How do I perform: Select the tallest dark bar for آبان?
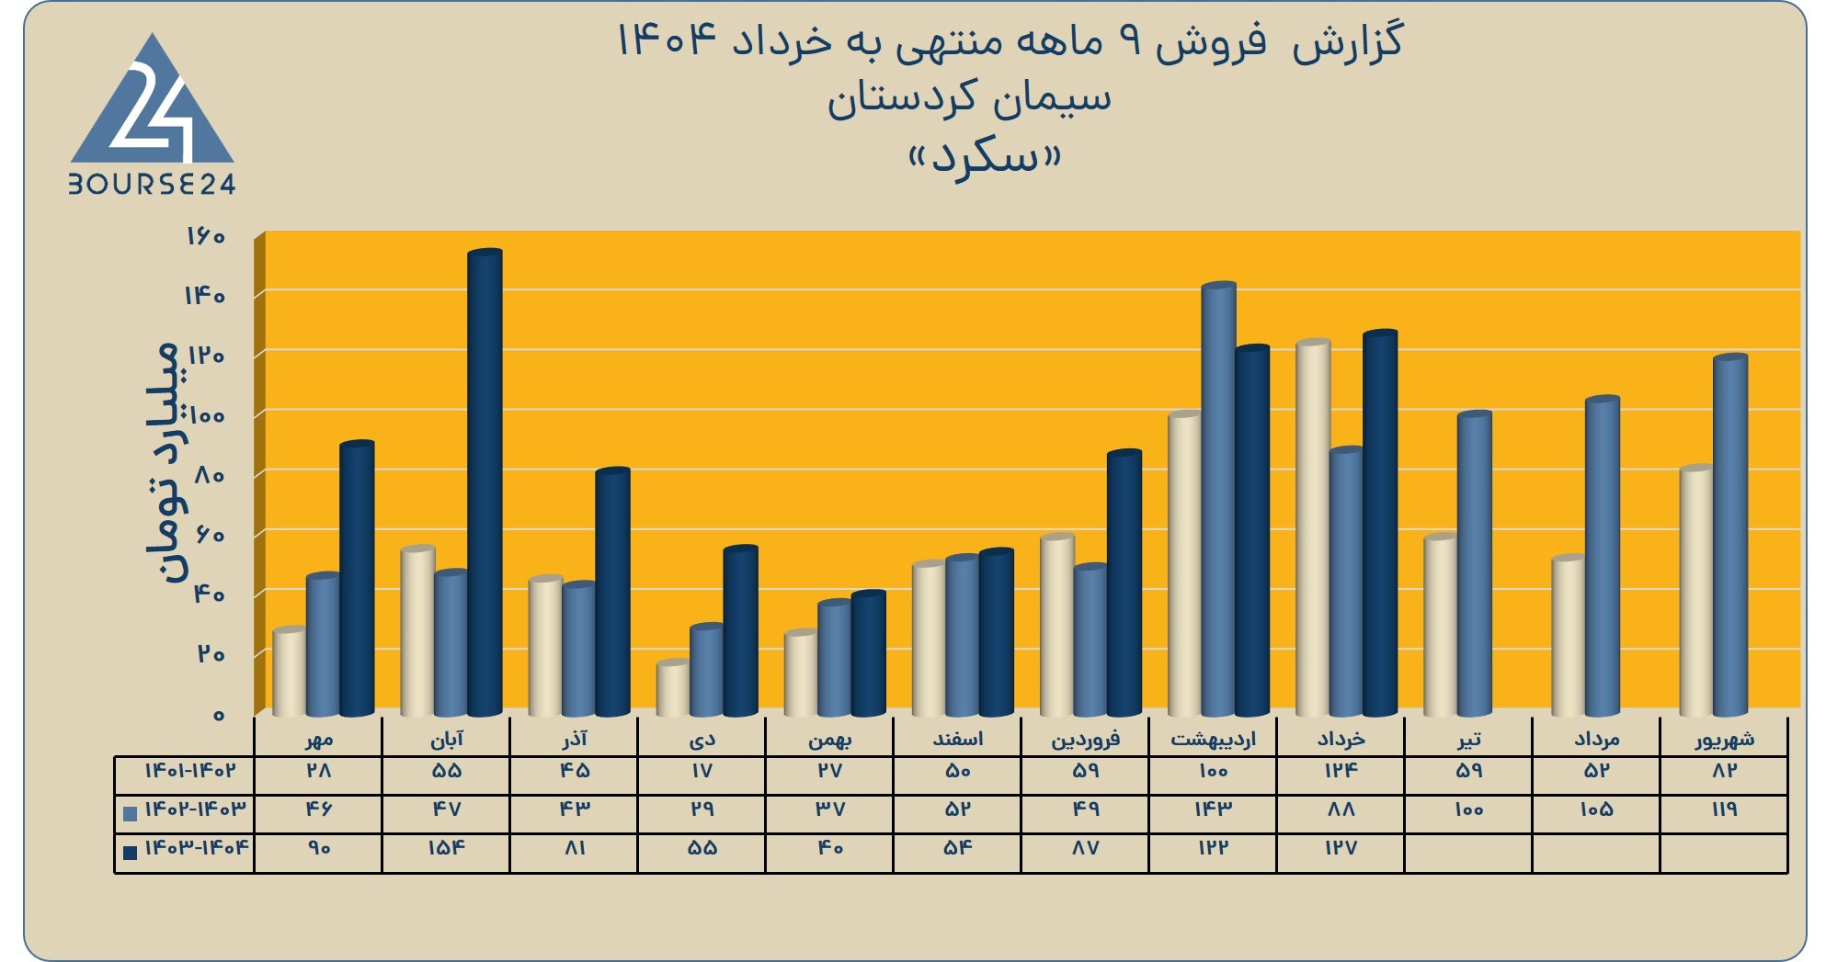coord(485,482)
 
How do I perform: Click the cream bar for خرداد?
coord(1313,527)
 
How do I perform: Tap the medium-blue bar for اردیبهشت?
coord(1218,499)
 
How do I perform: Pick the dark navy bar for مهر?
coord(357,579)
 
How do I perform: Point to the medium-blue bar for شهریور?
coord(1729,535)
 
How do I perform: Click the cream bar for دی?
coord(674,688)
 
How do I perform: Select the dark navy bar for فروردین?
coord(1124,583)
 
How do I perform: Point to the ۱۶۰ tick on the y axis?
coord(205,236)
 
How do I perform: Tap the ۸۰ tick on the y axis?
coord(210,475)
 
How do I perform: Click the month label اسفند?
coord(957,738)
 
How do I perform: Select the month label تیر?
coord(1468,739)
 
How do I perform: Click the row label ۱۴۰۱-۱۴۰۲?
coord(189,771)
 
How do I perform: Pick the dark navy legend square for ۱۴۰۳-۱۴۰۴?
coord(130,852)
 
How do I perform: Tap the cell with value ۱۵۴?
coord(446,848)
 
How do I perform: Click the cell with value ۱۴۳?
coord(1213,809)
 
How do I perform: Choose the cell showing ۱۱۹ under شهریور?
coord(1725,809)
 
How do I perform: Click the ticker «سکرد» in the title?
coord(986,157)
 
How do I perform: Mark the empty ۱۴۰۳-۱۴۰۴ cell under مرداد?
coord(1596,854)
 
